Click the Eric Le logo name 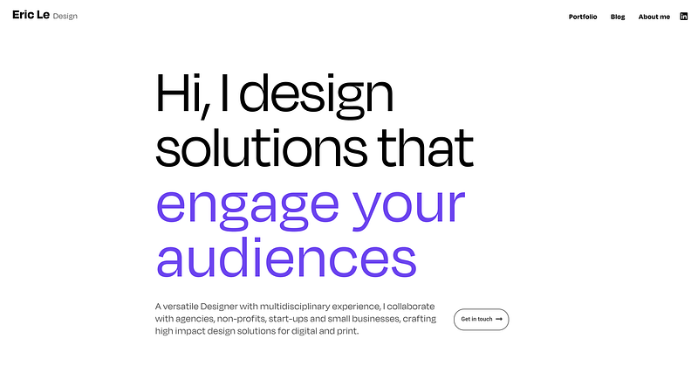(31, 15)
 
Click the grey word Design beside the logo (65, 17)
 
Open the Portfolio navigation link (583, 17)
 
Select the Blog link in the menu (618, 17)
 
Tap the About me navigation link (654, 17)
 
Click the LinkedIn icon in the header (684, 17)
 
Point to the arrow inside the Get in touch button (499, 319)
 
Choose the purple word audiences (287, 257)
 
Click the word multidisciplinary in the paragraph (295, 307)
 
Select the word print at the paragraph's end (348, 332)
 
